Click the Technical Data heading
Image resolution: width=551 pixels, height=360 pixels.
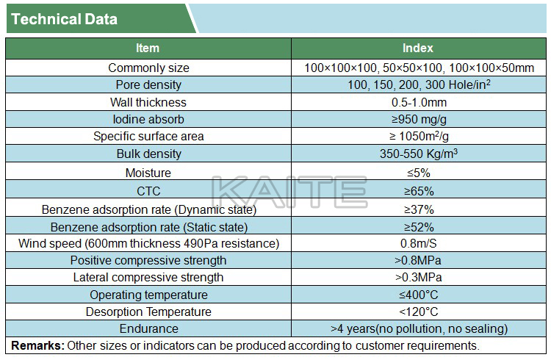click(65, 19)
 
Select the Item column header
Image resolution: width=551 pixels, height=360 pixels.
click(148, 48)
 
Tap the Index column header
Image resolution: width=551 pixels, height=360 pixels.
click(418, 48)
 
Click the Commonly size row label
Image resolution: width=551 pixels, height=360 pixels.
click(148, 68)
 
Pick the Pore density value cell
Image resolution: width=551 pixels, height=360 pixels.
click(419, 85)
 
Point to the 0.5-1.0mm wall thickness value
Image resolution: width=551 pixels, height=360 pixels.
click(419, 102)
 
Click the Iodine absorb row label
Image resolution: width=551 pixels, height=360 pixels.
click(148, 119)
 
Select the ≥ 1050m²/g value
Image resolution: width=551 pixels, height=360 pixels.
click(419, 136)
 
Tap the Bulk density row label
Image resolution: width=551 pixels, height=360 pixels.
click(148, 154)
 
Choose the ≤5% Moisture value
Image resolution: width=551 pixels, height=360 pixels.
click(419, 173)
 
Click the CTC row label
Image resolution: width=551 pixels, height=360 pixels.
click(148, 191)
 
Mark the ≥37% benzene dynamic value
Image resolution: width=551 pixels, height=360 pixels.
click(419, 209)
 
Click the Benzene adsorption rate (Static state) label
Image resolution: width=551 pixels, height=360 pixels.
click(148, 227)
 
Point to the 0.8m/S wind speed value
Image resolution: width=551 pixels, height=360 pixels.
click(419, 244)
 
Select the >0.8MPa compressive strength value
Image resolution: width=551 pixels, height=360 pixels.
click(419, 261)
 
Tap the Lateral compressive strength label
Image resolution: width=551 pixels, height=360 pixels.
click(148, 278)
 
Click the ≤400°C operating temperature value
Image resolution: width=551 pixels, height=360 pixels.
click(419, 295)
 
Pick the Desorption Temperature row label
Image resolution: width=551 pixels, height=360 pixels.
click(148, 312)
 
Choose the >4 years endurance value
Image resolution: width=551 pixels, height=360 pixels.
click(419, 328)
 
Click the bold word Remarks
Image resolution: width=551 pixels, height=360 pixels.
click(37, 345)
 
